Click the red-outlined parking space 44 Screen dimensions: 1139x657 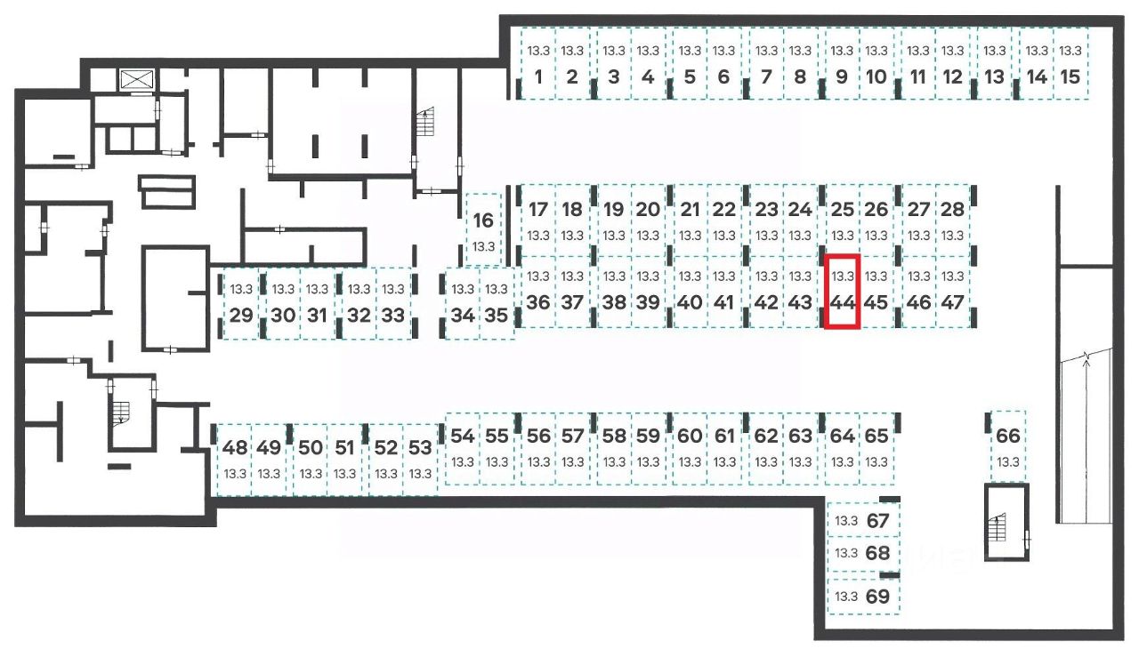(x=842, y=292)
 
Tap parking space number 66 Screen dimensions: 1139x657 (x=1007, y=445)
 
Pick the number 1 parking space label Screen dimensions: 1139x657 (x=537, y=76)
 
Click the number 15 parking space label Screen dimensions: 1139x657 (x=1071, y=76)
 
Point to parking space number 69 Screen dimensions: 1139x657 (x=863, y=596)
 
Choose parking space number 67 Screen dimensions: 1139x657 (x=863, y=521)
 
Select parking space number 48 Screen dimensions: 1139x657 (x=235, y=457)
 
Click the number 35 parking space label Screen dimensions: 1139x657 (x=497, y=315)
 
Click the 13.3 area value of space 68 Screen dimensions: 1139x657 (x=845, y=553)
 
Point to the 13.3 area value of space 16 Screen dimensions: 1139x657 (x=483, y=246)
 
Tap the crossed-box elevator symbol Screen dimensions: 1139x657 (x=137, y=79)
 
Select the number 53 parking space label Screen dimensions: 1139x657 (x=421, y=447)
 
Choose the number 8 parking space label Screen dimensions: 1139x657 (x=800, y=76)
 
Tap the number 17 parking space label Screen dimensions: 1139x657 (x=537, y=210)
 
